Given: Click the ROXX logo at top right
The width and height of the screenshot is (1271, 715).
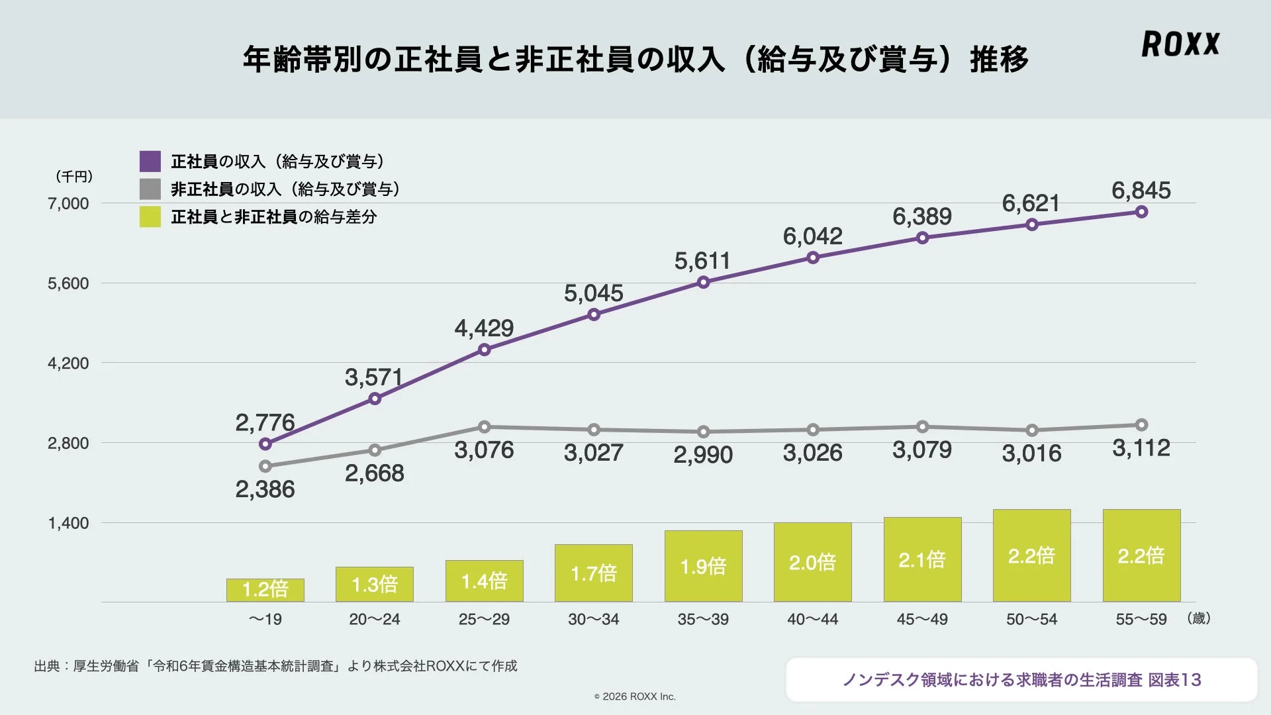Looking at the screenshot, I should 1180,44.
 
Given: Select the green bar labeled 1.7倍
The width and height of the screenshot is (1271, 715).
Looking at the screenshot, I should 594,573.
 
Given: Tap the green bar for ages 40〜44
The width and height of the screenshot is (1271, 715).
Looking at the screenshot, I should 812,562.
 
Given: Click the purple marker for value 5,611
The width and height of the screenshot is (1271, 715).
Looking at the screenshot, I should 703,283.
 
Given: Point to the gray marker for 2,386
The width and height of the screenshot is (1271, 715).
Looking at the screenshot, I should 265,466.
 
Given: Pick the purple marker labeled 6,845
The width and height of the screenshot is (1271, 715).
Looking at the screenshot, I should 1141,212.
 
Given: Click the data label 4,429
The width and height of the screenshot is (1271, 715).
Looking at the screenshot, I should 484,328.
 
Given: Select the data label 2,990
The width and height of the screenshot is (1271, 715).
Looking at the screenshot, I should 703,455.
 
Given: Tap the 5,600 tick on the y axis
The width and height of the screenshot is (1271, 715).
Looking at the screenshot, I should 68,283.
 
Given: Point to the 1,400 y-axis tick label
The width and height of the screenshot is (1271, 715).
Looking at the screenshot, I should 68,523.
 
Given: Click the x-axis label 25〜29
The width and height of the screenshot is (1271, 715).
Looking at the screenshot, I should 484,620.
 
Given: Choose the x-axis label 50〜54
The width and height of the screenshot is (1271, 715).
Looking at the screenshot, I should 1031,620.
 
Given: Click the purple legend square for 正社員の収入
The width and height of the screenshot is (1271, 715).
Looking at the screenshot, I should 150,162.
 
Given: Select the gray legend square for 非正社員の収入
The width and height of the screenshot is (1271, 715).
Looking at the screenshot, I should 150,189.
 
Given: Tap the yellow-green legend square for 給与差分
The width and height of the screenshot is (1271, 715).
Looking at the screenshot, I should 150,216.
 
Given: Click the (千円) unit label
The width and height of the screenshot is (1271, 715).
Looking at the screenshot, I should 74,177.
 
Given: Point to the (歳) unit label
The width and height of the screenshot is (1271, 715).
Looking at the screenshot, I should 1199,618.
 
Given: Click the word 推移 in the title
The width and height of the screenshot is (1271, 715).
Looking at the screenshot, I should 999,60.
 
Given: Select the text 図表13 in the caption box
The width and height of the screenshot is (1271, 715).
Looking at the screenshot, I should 1174,680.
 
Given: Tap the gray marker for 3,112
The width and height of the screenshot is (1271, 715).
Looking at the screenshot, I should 1141,425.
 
